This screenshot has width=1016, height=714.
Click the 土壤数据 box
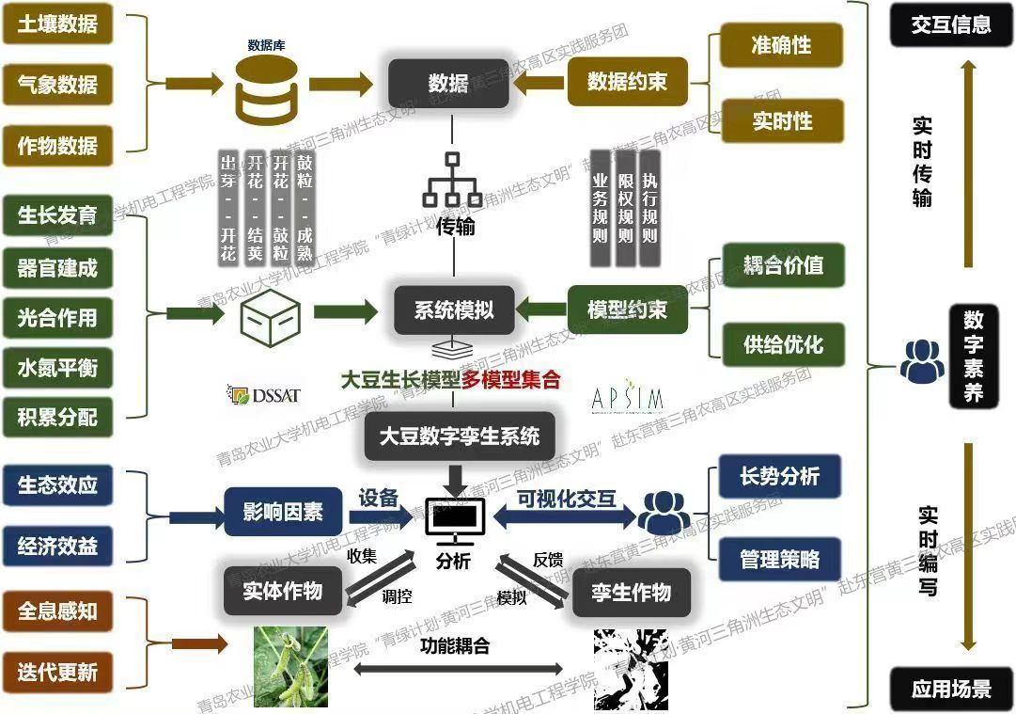[57, 24]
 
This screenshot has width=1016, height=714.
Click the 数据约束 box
[627, 82]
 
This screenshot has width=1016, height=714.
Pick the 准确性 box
[781, 45]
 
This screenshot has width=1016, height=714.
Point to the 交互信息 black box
[950, 24]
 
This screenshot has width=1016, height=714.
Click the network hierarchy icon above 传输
[452, 181]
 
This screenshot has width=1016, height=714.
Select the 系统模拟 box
[453, 309]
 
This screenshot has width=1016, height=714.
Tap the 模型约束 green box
[627, 309]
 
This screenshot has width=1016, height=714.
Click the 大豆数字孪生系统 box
[459, 437]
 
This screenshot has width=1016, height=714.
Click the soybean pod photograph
[290, 667]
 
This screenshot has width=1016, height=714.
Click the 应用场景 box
[950, 688]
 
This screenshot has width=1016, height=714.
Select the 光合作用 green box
[57, 317]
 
